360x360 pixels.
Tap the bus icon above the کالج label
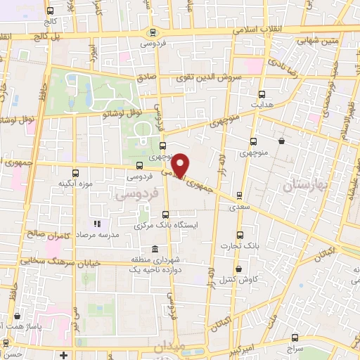(x=51, y=11)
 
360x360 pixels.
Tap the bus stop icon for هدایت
(x=262, y=94)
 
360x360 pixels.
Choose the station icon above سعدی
(x=240, y=195)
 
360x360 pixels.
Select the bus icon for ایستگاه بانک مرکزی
(x=166, y=214)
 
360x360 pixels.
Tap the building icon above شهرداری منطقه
(x=154, y=248)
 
